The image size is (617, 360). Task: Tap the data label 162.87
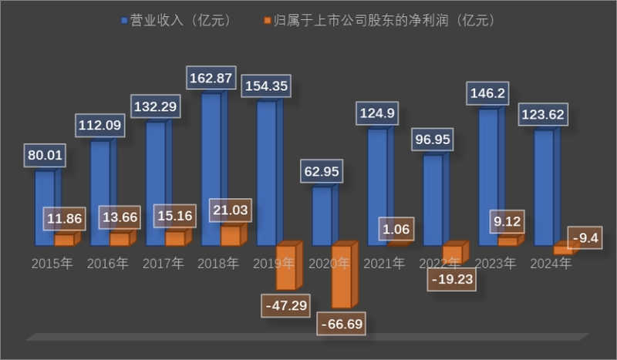pos(211,79)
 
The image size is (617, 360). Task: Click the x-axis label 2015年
pos(52,264)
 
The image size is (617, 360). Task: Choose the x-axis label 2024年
pos(551,264)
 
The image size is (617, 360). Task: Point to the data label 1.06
pos(396,229)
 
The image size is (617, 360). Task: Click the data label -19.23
pos(450,279)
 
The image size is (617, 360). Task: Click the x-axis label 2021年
pos(384,264)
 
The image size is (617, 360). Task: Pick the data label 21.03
pos(231,209)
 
